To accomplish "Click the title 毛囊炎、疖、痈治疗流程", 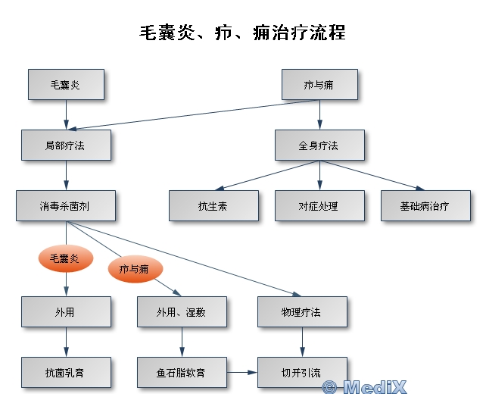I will pos(242,33).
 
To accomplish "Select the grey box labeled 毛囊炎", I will pos(66,84).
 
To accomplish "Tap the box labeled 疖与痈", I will pos(319,84).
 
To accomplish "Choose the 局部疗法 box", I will pos(66,145).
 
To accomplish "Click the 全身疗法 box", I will pos(319,145).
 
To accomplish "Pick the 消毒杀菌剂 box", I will pos(66,205).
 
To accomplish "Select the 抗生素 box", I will pos(213,205).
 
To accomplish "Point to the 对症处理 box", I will pos(319,205).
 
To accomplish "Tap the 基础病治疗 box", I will pos(425,205).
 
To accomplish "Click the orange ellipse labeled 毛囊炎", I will pos(65,259).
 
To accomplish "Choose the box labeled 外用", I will pos(66,311).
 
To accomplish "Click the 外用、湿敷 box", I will pos(182,311).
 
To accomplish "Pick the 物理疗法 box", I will pos(303,311).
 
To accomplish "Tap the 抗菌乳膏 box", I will pos(66,372).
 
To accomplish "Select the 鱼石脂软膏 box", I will pos(182,372).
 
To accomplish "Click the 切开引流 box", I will pos(302,372).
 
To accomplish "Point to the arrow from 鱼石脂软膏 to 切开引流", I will pos(242,372).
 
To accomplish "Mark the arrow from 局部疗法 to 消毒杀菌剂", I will pos(66,175).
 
